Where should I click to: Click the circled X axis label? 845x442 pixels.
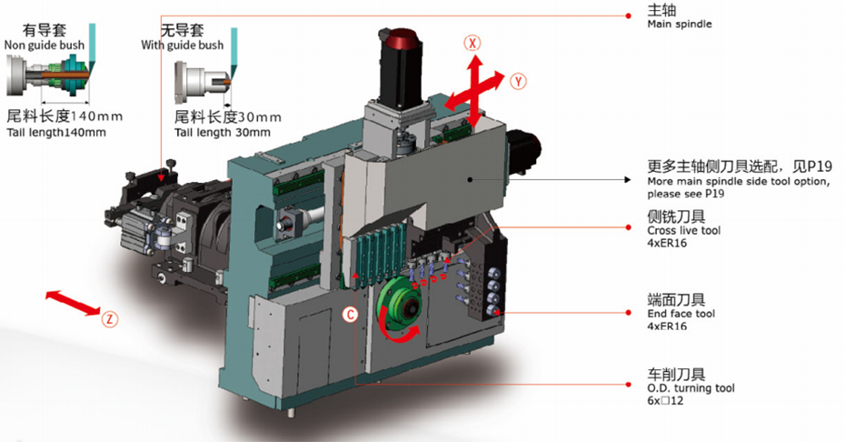pos(472,43)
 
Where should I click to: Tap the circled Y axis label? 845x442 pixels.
pos(518,82)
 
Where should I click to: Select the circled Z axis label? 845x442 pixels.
pos(109,319)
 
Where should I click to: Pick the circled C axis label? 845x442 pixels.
pos(351,315)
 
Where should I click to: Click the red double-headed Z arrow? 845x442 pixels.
pos(73,302)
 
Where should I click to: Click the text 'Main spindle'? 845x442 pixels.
pos(680,24)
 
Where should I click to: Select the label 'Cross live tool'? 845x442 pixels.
pos(684,230)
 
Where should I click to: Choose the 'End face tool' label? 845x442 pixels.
pos(681,314)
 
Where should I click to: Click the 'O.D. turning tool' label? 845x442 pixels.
pos(691,388)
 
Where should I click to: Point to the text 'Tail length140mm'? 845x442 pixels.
pos(56,132)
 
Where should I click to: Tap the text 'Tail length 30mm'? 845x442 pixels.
pos(222,132)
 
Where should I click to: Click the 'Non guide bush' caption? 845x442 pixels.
pos(45,45)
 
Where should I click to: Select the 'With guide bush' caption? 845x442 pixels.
pos(182,45)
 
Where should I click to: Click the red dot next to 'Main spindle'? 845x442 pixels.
pos(629,15)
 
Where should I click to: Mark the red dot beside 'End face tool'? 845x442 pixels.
pos(629,313)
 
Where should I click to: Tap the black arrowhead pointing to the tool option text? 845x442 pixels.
pos(627,179)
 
